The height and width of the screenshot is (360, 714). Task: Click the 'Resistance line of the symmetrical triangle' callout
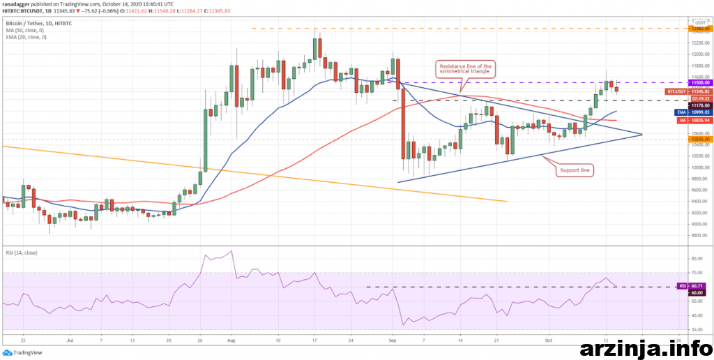tap(466, 68)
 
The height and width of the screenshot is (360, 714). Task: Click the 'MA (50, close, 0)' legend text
tap(24, 31)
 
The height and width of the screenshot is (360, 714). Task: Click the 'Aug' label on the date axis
tap(232, 340)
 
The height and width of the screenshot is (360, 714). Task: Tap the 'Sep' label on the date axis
tap(393, 340)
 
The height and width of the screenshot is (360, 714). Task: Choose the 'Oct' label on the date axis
tap(549, 340)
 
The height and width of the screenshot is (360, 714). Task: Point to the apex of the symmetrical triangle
tap(641, 133)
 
